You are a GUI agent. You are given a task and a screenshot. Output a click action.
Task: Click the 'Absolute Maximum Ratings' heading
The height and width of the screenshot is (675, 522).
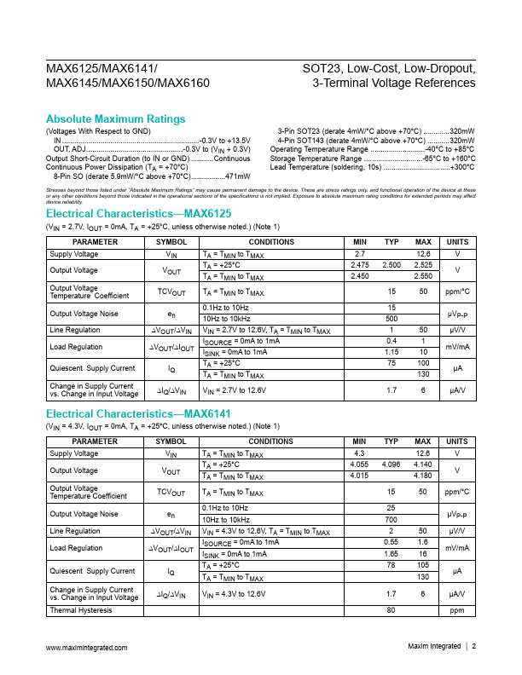tap(115, 118)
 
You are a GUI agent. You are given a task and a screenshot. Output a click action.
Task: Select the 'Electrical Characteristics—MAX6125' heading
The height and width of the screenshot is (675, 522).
tap(137, 213)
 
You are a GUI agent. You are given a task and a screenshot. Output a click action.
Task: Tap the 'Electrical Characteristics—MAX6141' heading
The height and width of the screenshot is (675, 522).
tap(137, 414)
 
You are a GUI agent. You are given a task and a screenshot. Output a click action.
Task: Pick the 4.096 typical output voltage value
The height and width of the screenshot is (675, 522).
tap(391, 465)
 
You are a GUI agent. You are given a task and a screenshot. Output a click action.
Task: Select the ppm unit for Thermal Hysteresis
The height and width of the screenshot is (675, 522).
tap(458, 610)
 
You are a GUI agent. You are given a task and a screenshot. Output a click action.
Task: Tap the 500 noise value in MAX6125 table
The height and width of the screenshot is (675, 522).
tap(391, 318)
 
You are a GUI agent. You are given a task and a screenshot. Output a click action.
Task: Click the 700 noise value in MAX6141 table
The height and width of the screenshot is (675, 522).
tap(391, 519)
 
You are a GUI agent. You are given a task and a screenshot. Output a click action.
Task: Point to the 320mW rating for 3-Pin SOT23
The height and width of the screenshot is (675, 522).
tap(461, 130)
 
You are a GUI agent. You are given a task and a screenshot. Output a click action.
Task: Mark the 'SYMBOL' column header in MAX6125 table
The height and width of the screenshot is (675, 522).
tap(171, 242)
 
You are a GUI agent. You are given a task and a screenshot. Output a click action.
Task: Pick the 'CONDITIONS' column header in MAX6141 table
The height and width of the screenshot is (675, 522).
tap(271, 442)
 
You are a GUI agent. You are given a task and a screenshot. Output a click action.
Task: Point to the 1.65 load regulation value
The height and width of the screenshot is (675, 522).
tap(391, 554)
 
